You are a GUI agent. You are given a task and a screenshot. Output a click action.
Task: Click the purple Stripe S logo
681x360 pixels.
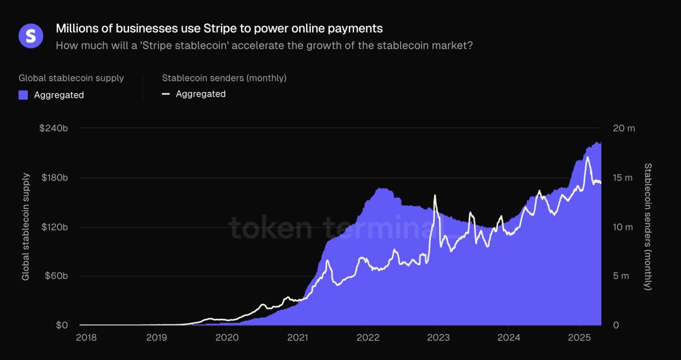(31, 36)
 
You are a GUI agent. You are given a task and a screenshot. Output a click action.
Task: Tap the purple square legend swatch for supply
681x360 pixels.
(23, 95)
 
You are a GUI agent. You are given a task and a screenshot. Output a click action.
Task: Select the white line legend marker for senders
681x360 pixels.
(166, 94)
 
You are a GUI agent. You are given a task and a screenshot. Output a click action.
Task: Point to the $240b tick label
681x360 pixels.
(54, 128)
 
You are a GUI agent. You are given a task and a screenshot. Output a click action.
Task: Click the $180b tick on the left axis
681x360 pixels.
(54, 178)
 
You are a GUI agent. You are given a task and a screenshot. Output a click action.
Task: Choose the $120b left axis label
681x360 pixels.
(54, 227)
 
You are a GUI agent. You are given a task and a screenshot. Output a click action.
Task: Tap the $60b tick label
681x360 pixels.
(55, 276)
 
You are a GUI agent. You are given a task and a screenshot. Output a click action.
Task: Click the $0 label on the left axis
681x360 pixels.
(61, 325)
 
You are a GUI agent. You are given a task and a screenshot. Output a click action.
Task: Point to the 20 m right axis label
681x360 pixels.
(624, 128)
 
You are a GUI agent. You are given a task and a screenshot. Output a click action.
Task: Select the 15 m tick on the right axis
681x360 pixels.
(623, 178)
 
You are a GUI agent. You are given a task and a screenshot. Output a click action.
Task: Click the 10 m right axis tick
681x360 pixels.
(623, 227)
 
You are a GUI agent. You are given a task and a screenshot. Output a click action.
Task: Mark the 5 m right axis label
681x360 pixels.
(621, 276)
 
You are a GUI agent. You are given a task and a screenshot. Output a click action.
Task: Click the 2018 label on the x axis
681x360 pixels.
(86, 338)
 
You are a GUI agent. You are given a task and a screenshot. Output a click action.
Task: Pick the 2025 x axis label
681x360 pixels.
(579, 338)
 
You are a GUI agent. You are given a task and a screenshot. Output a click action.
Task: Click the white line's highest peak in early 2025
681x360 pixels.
(588, 157)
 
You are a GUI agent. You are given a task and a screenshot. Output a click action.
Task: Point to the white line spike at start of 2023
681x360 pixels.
(434, 196)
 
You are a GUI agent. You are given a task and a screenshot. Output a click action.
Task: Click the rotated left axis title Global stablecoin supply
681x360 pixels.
(26, 227)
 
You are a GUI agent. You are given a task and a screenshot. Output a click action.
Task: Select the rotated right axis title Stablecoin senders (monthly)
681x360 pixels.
(647, 227)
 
